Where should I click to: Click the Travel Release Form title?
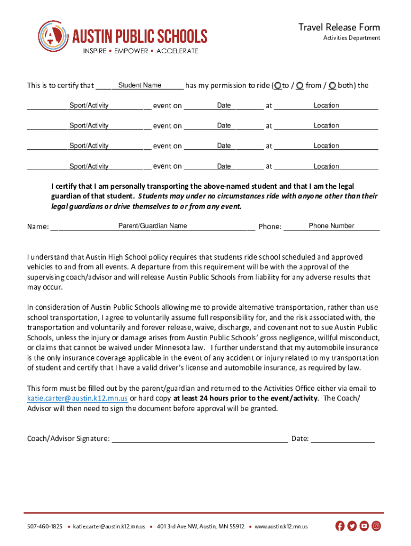339,27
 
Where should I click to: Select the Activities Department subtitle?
351,38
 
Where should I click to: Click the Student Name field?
140,85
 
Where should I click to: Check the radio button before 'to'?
278,85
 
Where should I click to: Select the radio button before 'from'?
300,85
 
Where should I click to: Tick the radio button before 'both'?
333,85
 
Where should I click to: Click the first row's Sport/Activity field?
89,106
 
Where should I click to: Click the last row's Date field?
224,166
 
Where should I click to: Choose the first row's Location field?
326,106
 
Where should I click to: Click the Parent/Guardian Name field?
153,226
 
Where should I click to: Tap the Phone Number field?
331,226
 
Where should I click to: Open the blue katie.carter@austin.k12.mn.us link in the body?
77,398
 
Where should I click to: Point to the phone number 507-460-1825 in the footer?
45,527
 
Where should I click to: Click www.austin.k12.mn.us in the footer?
281,527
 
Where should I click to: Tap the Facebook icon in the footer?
340,526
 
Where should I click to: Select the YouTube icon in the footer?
364,526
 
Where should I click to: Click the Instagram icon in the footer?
376,526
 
